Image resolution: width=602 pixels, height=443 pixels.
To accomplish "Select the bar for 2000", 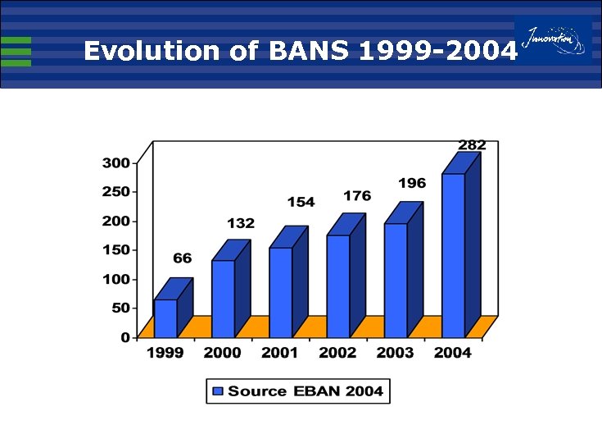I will (x=223, y=299).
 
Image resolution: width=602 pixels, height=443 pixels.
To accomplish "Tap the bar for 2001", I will (x=280, y=292).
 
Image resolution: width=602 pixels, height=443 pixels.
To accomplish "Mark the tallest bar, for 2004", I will (x=453, y=255).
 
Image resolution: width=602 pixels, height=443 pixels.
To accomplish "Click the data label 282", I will (x=472, y=145).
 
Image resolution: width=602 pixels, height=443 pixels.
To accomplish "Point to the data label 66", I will (x=182, y=258).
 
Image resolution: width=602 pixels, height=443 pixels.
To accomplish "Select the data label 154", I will (x=301, y=202).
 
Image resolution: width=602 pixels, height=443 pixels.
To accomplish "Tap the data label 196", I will (x=413, y=183).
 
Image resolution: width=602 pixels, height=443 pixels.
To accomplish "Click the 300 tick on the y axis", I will (x=115, y=163).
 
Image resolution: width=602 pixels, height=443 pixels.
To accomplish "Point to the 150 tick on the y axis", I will (x=115, y=250).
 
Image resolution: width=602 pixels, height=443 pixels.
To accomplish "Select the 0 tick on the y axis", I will (x=125, y=337).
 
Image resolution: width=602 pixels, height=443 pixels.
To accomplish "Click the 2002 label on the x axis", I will (x=337, y=354).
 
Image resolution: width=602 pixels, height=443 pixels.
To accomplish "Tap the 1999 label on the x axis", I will (x=165, y=354).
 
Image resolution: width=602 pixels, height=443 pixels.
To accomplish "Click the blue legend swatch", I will (x=218, y=391).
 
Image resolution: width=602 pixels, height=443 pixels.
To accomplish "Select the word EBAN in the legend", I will (x=311, y=391).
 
